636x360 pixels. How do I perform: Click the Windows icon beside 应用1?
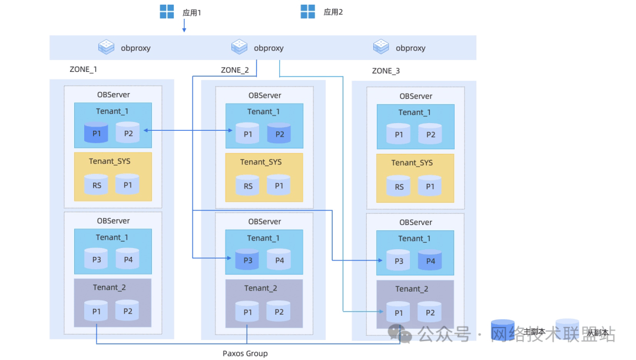167,12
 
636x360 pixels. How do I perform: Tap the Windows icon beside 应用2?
307,11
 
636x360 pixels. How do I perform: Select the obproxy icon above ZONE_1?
106,47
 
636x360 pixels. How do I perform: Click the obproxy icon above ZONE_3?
381,47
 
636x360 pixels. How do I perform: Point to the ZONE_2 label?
235,70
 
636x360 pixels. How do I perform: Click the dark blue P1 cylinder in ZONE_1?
96,133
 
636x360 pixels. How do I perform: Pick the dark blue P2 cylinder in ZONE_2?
280,133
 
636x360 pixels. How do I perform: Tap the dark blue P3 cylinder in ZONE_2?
247,260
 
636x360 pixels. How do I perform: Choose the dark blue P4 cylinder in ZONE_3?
430,260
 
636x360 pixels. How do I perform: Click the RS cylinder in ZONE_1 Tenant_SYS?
96,184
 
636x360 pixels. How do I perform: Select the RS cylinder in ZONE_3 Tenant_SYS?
399,186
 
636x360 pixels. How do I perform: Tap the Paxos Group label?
245,354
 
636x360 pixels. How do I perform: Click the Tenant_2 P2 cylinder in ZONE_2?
279,311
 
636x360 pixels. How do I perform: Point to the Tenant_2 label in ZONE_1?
109,288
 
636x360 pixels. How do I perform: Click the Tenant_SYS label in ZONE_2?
261,162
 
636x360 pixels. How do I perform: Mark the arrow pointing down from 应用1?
184,25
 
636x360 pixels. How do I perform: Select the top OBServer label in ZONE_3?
416,96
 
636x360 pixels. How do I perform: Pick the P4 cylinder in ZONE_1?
128,259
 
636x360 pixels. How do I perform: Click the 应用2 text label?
333,12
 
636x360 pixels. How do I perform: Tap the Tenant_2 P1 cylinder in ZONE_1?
96,311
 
